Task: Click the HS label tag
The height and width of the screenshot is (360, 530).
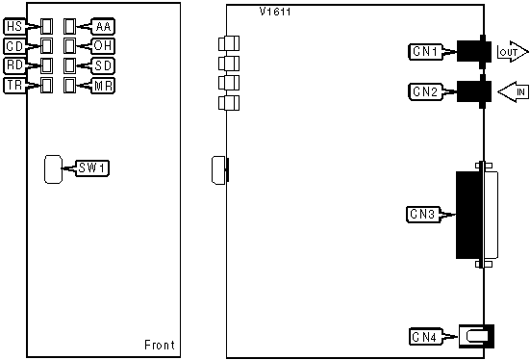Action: click(14, 26)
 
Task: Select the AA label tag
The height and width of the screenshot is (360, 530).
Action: click(103, 26)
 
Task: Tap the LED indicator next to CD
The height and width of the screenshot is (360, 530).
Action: click(46, 46)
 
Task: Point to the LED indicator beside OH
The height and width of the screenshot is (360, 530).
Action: click(69, 46)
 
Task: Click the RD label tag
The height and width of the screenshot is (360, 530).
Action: click(14, 65)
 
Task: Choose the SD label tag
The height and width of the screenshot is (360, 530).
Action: click(103, 65)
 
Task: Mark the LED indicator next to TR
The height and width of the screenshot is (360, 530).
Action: click(46, 86)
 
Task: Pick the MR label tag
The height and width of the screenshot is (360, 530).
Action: click(103, 86)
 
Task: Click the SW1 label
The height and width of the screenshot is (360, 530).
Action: click(92, 167)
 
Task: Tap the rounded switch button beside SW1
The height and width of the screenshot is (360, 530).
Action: click(54, 169)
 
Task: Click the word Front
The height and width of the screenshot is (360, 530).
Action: click(160, 346)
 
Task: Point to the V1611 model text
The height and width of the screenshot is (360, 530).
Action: click(275, 12)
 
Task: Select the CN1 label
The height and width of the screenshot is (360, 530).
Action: click(425, 52)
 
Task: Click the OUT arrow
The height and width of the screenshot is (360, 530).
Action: click(513, 52)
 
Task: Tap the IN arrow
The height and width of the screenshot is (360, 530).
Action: click(513, 91)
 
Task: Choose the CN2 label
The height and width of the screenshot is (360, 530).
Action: click(425, 91)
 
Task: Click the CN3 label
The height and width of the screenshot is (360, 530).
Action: click(423, 215)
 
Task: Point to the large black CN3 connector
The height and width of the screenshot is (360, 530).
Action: click(469, 216)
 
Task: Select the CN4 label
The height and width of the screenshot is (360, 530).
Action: click(425, 337)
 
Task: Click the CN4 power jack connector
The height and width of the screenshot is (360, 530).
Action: click(476, 336)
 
